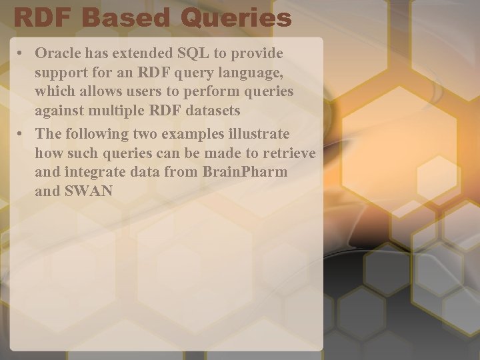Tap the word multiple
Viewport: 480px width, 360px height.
point(115,110)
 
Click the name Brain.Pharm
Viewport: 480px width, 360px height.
point(245,173)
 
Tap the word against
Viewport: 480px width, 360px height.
point(59,110)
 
